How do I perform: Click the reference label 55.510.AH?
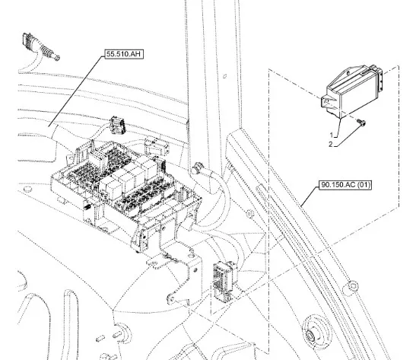pyautogui.click(x=124, y=54)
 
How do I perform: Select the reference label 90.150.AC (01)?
pyautogui.click(x=345, y=184)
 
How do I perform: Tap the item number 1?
pyautogui.click(x=332, y=135)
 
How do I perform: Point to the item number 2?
pyautogui.click(x=331, y=145)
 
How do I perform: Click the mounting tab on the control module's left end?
pyautogui.click(x=329, y=102)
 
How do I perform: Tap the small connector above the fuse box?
pyautogui.click(x=117, y=125)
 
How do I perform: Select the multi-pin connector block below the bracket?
pyautogui.click(x=224, y=281)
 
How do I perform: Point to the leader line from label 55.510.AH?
pyautogui.click(x=76, y=91)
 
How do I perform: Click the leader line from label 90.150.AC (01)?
pyautogui.click(x=310, y=196)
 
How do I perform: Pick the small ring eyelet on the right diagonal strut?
pyautogui.click(x=352, y=285)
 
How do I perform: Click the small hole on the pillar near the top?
pyautogui.click(x=224, y=76)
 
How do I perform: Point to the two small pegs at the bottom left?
pyautogui.click(x=109, y=336)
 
